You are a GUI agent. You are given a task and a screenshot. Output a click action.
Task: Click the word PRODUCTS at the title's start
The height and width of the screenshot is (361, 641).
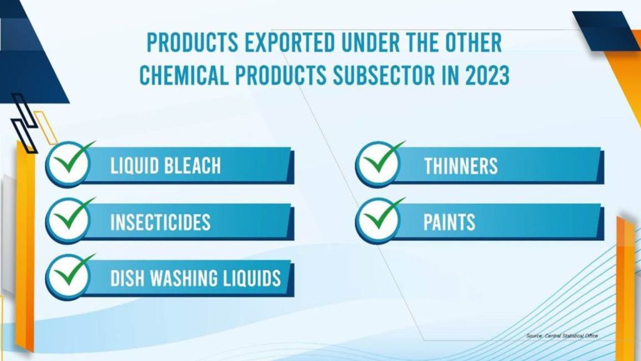tap(192, 43)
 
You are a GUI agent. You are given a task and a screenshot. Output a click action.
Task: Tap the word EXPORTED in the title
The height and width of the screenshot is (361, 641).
tap(290, 43)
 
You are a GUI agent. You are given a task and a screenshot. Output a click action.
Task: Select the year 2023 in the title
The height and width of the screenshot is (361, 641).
tap(487, 75)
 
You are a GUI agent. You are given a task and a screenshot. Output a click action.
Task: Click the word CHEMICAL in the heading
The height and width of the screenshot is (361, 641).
tap(184, 75)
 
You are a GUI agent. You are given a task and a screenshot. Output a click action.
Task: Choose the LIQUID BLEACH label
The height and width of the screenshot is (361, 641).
tap(165, 165)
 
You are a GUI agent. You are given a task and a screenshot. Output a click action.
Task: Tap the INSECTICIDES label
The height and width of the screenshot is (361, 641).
tap(160, 222)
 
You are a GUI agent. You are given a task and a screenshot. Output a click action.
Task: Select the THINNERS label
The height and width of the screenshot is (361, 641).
tap(461, 165)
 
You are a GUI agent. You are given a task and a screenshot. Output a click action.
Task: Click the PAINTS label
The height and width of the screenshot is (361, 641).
tap(449, 222)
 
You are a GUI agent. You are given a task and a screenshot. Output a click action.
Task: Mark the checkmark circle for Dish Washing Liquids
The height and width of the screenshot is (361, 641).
tap(69, 277)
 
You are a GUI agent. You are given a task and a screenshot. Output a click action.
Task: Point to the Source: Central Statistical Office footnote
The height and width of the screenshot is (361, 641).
tap(562, 336)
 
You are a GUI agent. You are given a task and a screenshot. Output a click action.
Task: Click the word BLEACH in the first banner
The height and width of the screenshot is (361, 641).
tap(193, 165)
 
